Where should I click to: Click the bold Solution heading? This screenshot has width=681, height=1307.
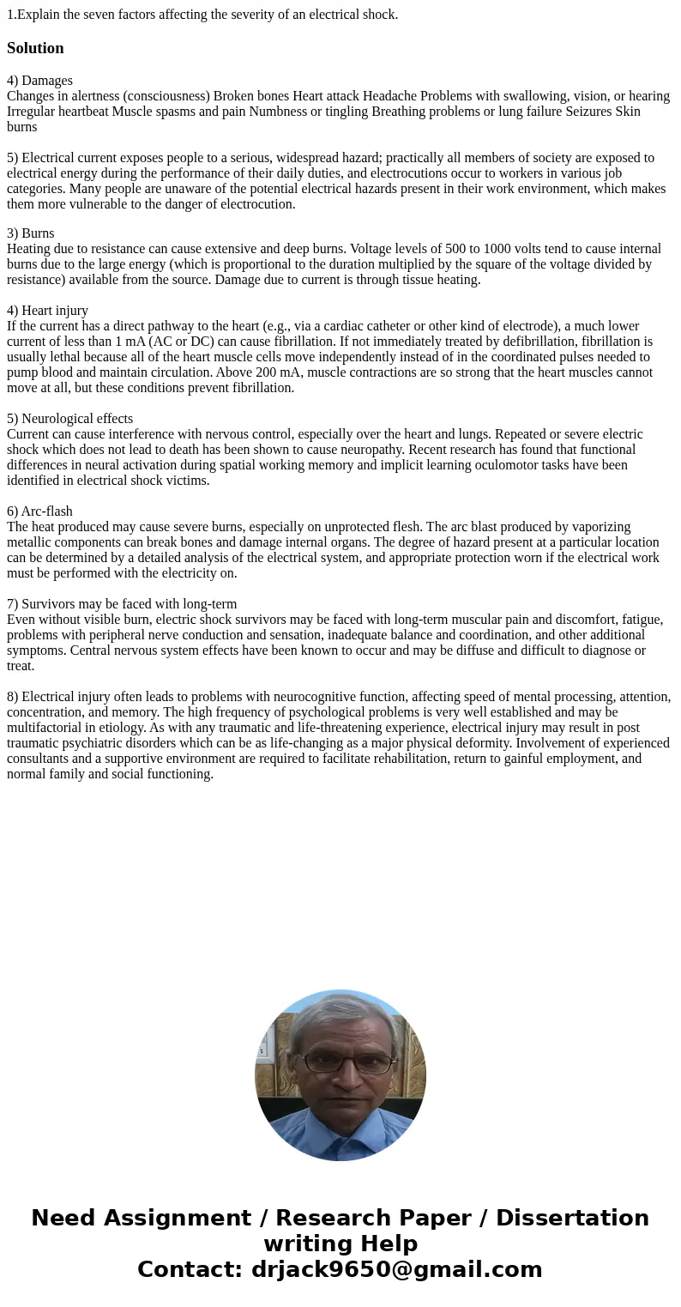[x=35, y=48]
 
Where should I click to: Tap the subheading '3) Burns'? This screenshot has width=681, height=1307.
[x=31, y=233]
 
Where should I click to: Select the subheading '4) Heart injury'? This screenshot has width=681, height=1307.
[x=47, y=311]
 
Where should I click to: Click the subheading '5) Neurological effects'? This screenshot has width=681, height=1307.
[x=69, y=419]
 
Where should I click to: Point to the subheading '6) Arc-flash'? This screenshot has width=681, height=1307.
[x=39, y=511]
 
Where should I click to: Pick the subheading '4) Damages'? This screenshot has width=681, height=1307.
[x=39, y=81]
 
